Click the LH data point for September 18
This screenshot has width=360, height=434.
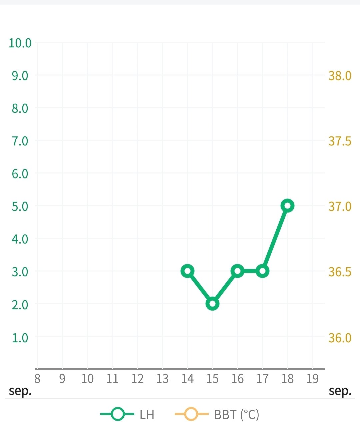287,206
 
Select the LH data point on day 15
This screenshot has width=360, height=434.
212,304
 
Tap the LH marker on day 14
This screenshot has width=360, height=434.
187,271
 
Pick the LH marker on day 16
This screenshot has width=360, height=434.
237,271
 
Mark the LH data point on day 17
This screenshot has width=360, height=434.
262,271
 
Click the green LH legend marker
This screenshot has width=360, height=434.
117,414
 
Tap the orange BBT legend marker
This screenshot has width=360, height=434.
191,414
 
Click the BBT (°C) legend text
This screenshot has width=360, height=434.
236,415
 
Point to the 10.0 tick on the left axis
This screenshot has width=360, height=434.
20,43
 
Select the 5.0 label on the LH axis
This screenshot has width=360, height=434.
20,206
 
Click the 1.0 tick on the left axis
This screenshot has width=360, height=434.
20,338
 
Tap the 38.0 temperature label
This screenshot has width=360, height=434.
340,76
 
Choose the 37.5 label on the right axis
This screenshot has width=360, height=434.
340,141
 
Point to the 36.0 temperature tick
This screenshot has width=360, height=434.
340,338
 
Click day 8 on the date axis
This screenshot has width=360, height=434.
37,379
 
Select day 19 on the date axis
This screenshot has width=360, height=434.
312,379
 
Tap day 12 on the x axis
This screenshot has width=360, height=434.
137,379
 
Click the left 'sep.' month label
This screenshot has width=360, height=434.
20,391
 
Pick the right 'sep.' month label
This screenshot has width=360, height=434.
340,391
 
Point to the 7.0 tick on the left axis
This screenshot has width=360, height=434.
20,141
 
